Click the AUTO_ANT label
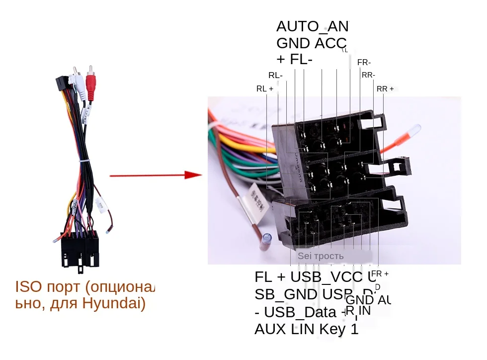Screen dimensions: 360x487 313,26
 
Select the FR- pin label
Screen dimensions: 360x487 364,63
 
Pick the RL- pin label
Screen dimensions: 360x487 275,76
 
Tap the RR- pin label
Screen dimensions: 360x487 368,75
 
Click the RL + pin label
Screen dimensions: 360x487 265,89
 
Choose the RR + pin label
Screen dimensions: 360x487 385,89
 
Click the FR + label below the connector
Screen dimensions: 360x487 380,274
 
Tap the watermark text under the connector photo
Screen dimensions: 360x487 321,256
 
